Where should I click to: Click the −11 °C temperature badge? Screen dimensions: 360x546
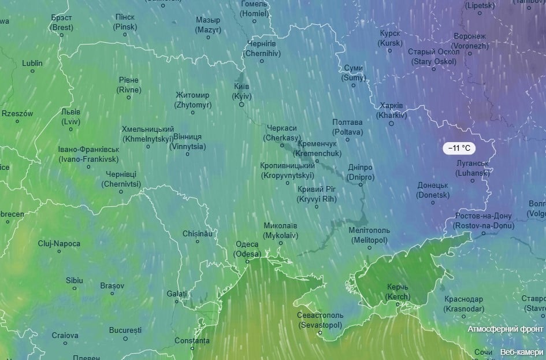[460, 148]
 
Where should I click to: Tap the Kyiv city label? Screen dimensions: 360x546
[242, 91]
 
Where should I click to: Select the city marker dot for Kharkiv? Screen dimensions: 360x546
[391, 123]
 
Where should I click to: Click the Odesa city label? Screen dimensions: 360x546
[247, 249]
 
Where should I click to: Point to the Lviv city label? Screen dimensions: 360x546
[71, 117]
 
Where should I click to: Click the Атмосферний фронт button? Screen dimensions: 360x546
[506, 329]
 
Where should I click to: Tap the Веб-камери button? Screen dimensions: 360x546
[522, 352]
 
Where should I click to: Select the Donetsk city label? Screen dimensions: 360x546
[433, 190]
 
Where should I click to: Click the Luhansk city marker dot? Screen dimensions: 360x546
[472, 180]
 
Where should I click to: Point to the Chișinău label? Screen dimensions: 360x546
[198, 233]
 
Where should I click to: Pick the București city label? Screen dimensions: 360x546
[125, 330]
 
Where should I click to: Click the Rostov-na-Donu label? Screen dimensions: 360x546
[484, 221]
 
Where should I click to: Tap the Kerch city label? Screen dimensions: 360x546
[398, 292]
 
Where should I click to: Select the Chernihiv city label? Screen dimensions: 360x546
[261, 49]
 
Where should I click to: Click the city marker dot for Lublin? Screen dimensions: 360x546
[32, 71]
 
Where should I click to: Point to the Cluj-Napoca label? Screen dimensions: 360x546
[59, 243]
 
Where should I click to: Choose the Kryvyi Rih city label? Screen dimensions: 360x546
[316, 194]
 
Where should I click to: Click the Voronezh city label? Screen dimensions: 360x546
[470, 41]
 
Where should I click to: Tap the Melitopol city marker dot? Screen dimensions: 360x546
[369, 248]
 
